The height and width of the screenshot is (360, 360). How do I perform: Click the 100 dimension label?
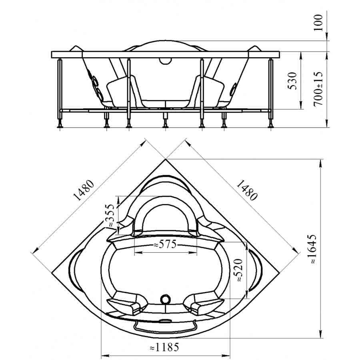click(318, 23)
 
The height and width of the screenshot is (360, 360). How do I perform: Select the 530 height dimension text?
click(292, 81)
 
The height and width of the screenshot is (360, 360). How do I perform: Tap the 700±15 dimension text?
click(318, 89)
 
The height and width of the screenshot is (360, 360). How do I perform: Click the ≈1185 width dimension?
click(164, 347)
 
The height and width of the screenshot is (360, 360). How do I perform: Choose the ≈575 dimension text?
click(165, 244)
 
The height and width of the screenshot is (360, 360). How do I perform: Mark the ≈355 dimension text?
click(110, 216)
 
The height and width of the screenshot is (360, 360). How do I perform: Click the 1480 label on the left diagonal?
click(84, 190)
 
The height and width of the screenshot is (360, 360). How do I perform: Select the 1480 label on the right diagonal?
click(247, 190)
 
